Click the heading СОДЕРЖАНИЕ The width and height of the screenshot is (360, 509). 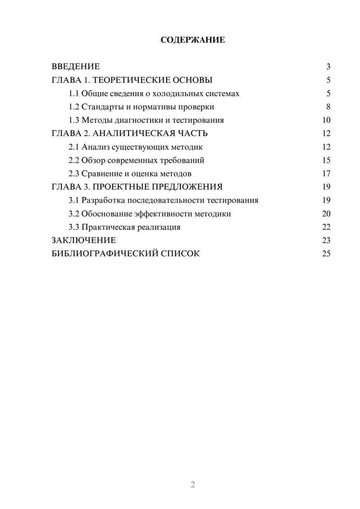click(x=193, y=40)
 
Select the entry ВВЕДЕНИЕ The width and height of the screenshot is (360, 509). click(x=76, y=67)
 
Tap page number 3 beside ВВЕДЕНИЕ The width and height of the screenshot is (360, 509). click(x=328, y=67)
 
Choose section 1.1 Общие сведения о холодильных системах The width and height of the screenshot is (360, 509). click(x=154, y=94)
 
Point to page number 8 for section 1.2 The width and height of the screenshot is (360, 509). click(x=328, y=107)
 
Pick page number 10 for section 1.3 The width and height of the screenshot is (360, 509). click(x=326, y=120)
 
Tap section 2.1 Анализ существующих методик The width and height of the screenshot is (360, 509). click(x=136, y=147)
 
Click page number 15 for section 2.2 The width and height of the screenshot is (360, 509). click(x=326, y=160)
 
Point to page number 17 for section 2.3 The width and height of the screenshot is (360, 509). click(x=326, y=174)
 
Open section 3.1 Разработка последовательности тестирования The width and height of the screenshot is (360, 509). click(x=163, y=200)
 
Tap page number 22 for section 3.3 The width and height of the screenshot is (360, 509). click(x=326, y=227)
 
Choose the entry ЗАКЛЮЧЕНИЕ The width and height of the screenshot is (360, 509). click(x=84, y=240)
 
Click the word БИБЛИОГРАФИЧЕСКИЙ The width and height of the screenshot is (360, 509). click(x=105, y=254)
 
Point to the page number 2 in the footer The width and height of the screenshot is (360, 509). click(x=193, y=485)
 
